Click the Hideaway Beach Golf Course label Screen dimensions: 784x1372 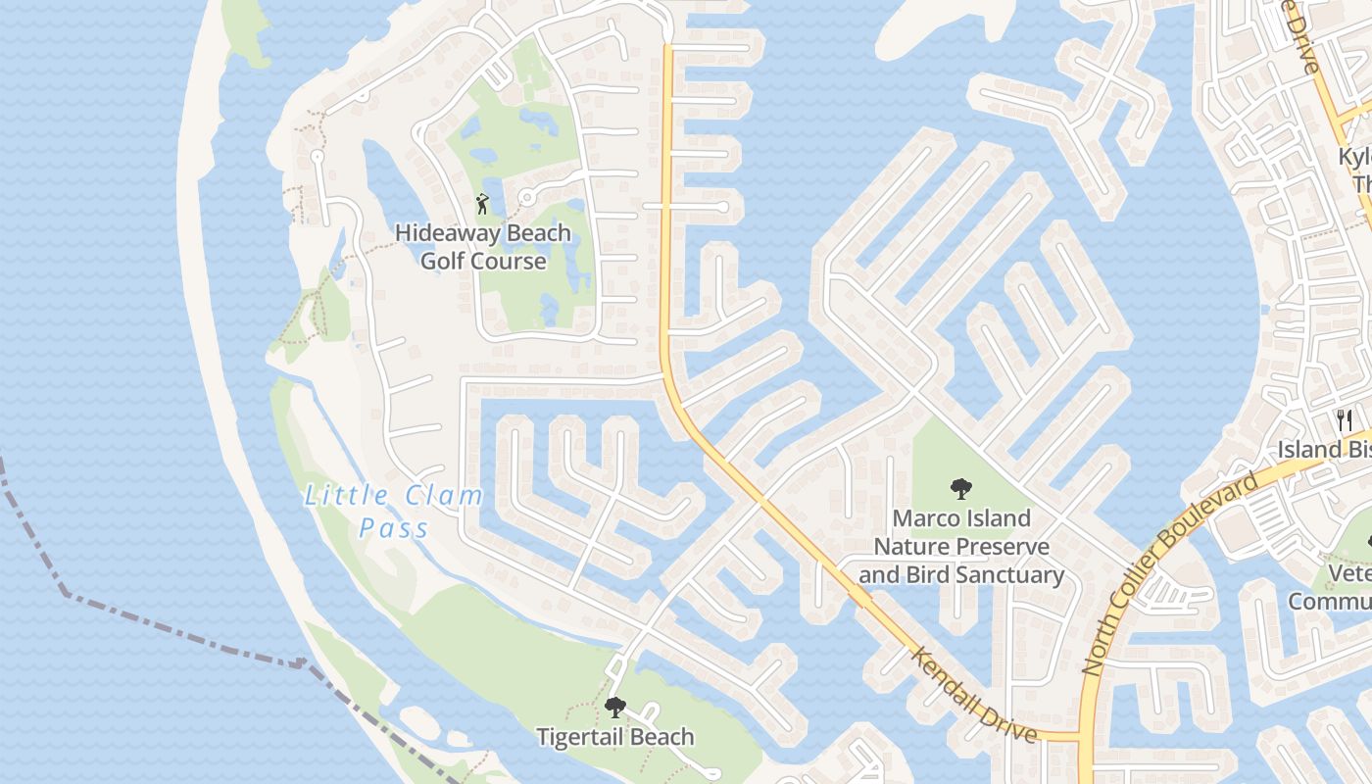click(483, 247)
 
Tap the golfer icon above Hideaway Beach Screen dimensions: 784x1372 click(481, 204)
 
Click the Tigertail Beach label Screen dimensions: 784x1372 click(614, 737)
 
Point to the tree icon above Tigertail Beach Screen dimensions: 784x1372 click(614, 707)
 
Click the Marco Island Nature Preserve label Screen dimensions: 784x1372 click(960, 546)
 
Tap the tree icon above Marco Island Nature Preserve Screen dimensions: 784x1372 click(960, 487)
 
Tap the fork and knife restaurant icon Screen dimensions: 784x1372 click(1344, 420)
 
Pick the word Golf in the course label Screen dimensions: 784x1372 click(446, 262)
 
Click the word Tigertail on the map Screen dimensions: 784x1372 click(583, 737)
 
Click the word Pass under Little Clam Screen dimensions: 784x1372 click(394, 529)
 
